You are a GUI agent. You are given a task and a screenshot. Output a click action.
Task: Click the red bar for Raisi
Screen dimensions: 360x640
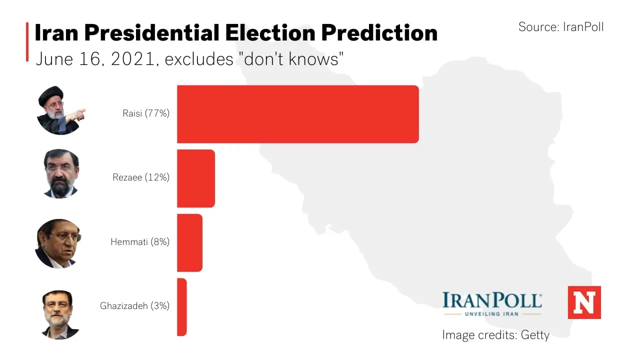tap(297, 114)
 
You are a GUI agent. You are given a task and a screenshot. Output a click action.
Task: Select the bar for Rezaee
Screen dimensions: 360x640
tap(196, 178)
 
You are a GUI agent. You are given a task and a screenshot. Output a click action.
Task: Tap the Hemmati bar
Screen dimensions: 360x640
tap(189, 242)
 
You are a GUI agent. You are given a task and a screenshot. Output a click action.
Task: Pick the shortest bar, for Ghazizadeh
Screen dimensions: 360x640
tap(181, 307)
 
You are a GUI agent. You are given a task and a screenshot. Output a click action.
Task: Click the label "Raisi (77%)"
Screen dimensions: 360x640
tap(146, 113)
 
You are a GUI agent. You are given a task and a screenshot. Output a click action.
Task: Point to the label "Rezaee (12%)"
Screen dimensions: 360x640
tap(141, 177)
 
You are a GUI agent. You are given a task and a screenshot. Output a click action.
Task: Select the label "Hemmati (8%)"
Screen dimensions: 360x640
tap(140, 242)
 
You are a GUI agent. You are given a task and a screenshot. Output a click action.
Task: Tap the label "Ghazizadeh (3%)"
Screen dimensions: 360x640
tap(134, 306)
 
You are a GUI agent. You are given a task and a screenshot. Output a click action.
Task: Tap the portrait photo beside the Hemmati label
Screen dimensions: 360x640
tap(57, 243)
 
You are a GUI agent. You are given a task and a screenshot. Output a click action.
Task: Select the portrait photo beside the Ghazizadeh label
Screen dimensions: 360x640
tap(60, 314)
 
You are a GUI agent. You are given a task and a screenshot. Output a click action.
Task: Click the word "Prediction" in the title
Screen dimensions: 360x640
tap(379, 33)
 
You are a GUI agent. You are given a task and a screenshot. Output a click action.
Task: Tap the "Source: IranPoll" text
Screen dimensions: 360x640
tap(560, 27)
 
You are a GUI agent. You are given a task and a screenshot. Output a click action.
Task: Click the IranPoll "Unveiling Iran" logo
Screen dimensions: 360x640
tap(492, 303)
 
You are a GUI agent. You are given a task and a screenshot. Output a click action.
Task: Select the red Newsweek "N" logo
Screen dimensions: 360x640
tap(584, 302)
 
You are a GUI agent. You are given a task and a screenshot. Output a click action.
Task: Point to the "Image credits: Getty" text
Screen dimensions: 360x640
tap(495, 335)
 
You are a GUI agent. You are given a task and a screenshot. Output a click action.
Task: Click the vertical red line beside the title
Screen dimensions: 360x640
tap(27, 42)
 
